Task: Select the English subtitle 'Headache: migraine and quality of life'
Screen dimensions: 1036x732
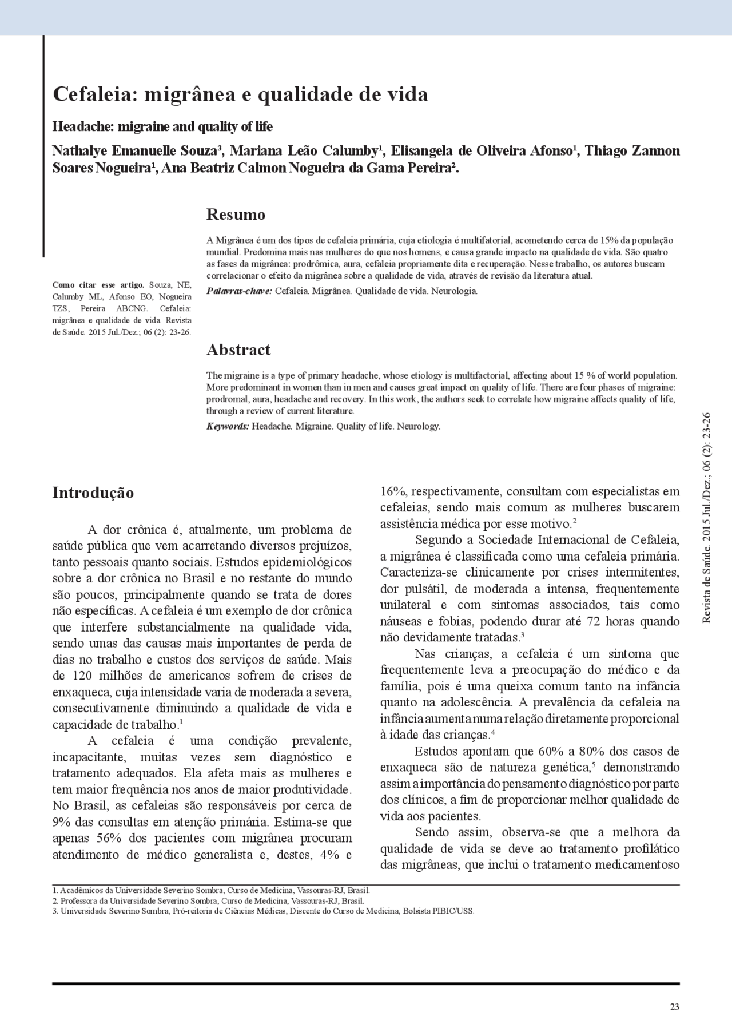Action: point(162,126)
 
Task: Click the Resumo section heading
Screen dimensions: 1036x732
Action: point(236,215)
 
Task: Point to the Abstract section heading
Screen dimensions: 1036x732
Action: point(238,350)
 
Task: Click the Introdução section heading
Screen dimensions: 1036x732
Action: point(93,493)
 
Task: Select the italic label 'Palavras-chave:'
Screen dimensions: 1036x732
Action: point(239,291)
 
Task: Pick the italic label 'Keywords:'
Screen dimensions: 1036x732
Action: point(228,426)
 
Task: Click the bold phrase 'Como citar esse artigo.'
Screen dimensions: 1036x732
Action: point(98,285)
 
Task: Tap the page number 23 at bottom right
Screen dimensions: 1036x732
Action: point(674,1007)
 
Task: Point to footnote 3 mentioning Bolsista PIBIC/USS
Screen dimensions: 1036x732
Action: point(263,911)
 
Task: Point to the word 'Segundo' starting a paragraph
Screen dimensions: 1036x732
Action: point(437,540)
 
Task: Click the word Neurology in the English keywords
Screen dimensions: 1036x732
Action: point(419,426)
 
